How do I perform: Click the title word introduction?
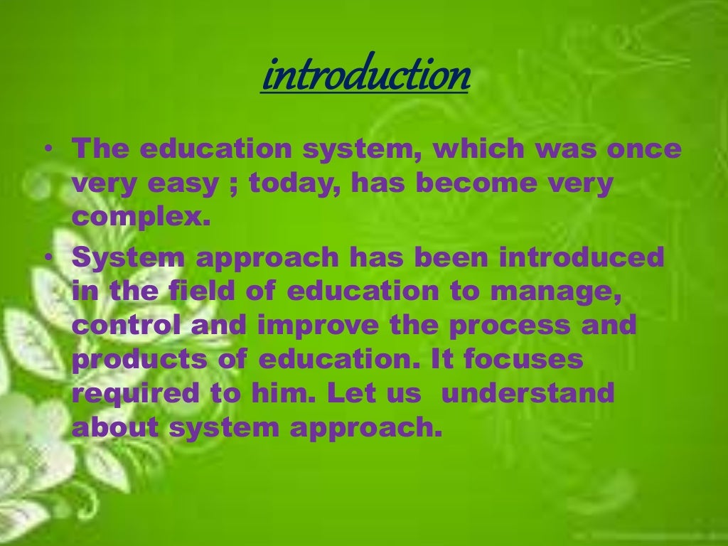(365, 76)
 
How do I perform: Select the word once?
(643, 149)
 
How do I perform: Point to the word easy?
(183, 183)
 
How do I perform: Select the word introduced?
(582, 257)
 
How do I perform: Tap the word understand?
(528, 394)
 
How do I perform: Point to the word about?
(114, 428)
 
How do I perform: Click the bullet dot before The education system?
(47, 150)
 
